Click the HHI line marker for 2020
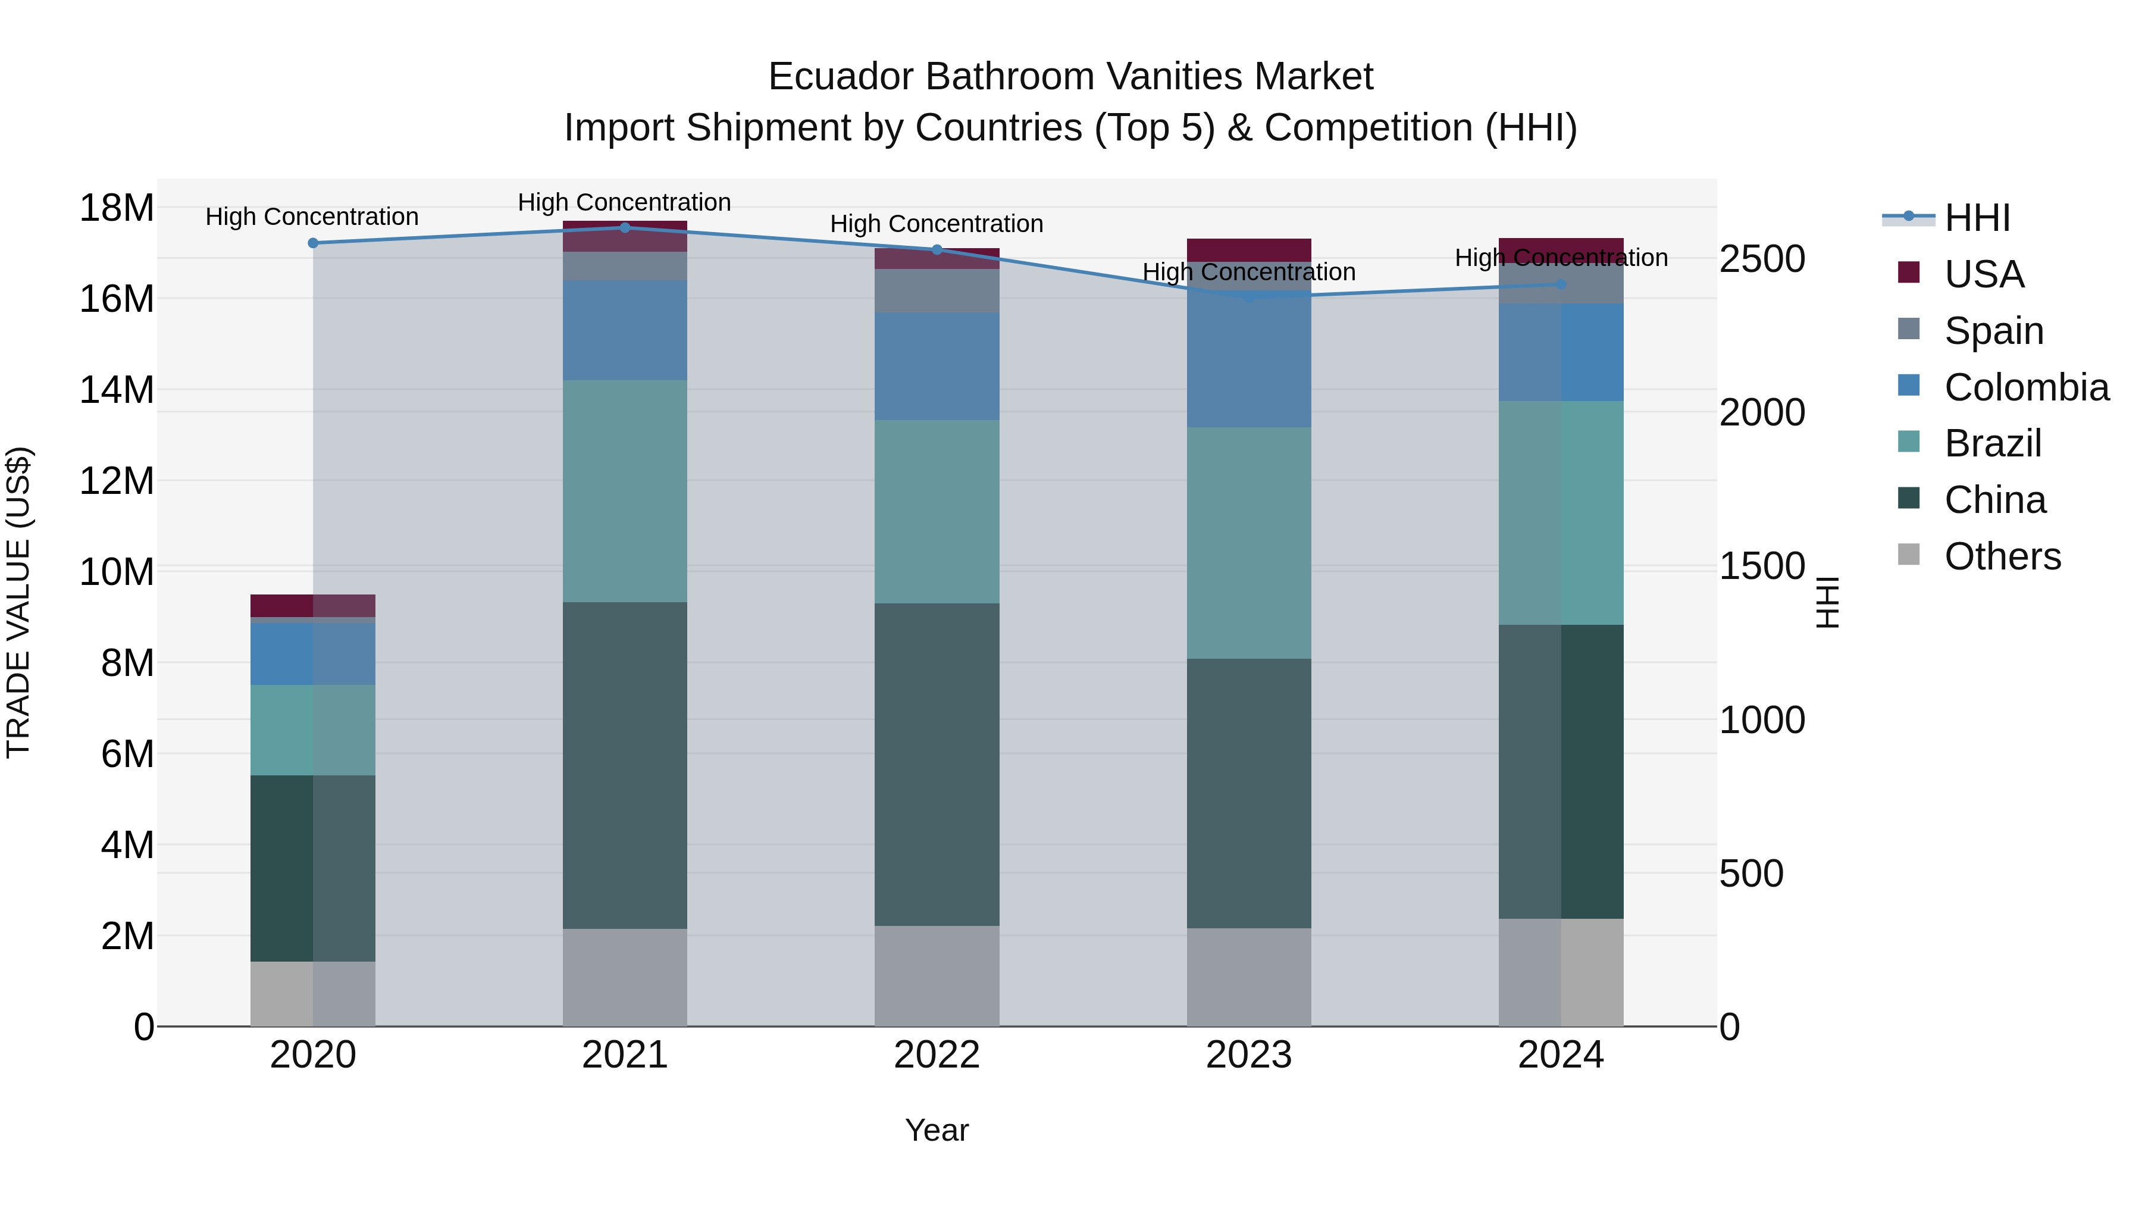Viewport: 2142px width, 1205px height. coord(312,243)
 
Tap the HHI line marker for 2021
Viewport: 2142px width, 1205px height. coord(625,227)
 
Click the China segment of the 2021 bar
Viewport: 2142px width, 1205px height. coord(625,765)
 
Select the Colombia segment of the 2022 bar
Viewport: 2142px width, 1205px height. coord(937,366)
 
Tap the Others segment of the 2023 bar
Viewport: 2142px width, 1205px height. coord(1248,976)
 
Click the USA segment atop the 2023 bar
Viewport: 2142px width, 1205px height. coord(1248,249)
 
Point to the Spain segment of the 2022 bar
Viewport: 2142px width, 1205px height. coord(937,290)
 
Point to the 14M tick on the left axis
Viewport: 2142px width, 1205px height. coord(117,390)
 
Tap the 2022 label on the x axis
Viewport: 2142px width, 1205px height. coord(937,1055)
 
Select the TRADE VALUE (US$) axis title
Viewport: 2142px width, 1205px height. coord(18,602)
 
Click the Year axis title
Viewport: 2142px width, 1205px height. coord(937,1130)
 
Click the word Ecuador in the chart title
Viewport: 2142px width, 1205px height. coord(841,77)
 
